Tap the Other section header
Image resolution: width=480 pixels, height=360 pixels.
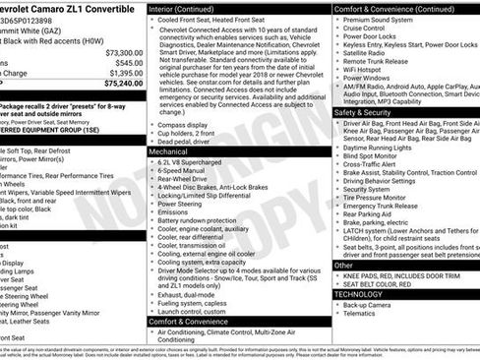[343, 265]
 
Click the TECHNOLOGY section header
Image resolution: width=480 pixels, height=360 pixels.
[359, 293]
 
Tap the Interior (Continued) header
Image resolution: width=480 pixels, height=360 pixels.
[183, 7]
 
